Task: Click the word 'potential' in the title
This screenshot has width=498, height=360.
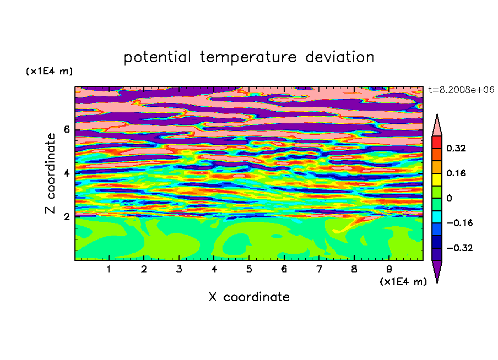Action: pos(157,57)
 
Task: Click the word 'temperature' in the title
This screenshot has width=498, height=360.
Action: pos(248,57)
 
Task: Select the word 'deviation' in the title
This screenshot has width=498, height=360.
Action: pos(340,57)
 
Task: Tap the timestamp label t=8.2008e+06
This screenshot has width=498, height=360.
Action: pos(461,90)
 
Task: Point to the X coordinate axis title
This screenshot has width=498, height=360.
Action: pos(249,297)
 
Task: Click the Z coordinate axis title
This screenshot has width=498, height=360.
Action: pos(50,173)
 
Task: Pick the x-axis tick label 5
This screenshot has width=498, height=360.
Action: pos(249,269)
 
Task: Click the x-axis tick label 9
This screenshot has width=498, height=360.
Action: pos(389,269)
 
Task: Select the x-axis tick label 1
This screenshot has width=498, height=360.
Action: pos(109,269)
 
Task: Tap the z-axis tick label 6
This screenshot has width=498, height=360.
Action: pos(66,129)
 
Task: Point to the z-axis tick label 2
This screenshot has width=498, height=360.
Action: pos(66,216)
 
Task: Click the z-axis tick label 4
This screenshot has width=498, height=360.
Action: pos(66,173)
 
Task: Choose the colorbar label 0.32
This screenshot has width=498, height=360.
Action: pos(456,148)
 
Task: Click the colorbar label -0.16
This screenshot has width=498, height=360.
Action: pos(459,223)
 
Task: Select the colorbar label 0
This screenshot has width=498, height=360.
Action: pos(449,198)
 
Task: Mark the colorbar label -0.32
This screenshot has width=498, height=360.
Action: pos(459,248)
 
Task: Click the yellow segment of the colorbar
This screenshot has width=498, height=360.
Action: pos(437,179)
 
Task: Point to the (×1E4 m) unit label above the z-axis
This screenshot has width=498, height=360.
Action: pos(49,71)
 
